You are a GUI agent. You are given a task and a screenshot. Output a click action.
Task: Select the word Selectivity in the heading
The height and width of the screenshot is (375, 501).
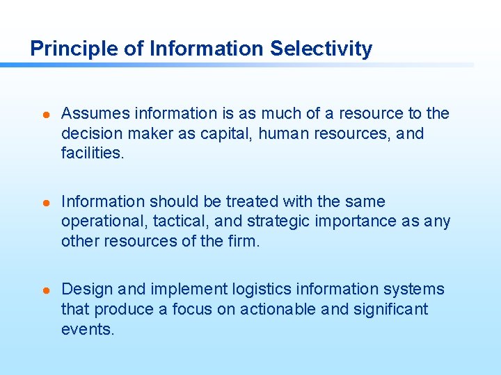(x=321, y=49)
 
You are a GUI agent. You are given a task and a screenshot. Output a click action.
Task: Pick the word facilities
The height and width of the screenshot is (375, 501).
(x=93, y=153)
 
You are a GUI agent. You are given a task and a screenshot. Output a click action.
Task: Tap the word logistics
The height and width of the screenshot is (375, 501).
(x=262, y=290)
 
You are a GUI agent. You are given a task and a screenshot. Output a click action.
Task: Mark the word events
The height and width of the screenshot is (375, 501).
(x=87, y=329)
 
